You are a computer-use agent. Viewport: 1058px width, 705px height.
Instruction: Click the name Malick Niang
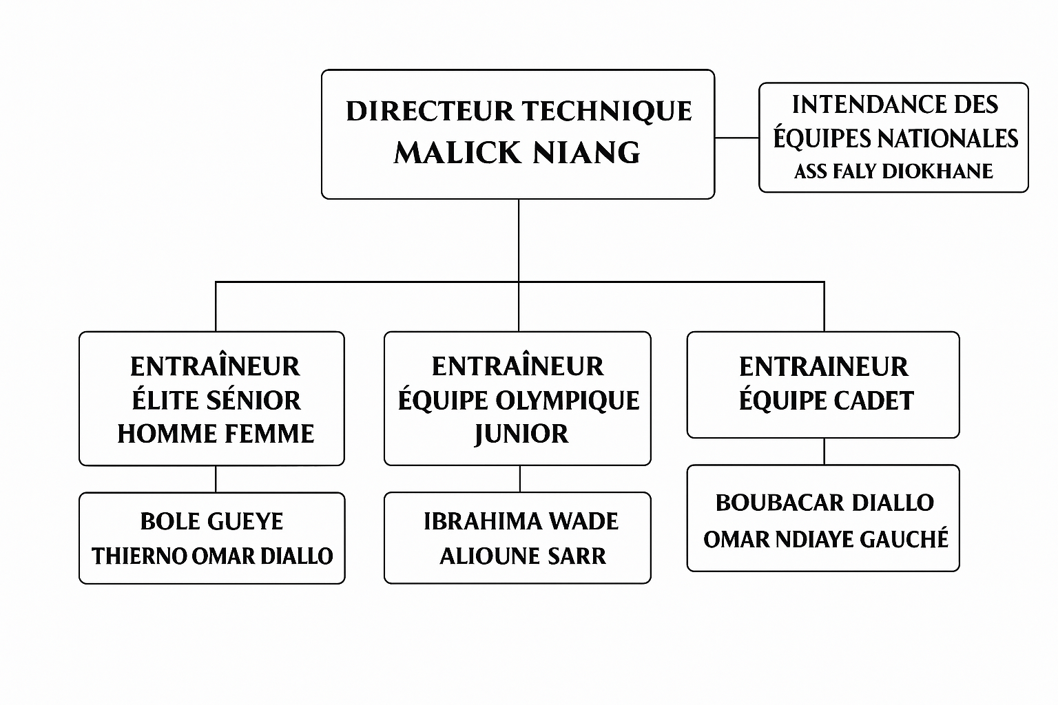click(517, 153)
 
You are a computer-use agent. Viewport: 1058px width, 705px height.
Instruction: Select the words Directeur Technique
click(519, 112)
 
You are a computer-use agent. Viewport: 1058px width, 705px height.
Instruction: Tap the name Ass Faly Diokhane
click(893, 171)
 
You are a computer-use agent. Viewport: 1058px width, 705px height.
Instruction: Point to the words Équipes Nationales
click(895, 138)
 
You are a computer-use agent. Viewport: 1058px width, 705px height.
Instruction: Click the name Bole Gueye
click(211, 521)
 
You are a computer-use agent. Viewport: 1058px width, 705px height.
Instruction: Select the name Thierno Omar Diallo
click(212, 556)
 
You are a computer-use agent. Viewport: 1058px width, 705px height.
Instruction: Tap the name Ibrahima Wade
click(521, 521)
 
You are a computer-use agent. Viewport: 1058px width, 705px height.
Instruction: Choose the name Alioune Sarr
click(523, 556)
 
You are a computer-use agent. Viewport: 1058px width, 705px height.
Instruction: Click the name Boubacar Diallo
click(824, 503)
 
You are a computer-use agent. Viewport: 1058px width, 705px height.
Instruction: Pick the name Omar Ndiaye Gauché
click(826, 539)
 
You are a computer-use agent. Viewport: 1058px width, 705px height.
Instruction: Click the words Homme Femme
click(216, 434)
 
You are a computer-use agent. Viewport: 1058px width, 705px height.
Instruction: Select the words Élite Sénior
click(216, 401)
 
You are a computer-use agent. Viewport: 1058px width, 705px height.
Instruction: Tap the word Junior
click(521, 434)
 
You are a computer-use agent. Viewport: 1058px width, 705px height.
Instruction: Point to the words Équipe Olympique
click(519, 401)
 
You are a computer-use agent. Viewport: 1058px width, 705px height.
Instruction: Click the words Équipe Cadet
click(826, 401)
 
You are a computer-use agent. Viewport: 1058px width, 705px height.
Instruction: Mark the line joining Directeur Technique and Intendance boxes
click(736, 138)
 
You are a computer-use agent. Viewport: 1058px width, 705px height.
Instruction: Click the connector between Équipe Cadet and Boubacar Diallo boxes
click(824, 451)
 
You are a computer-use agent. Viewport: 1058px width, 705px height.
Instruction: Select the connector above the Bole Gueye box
click(216, 478)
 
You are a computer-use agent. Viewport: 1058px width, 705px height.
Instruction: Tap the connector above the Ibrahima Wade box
click(520, 478)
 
